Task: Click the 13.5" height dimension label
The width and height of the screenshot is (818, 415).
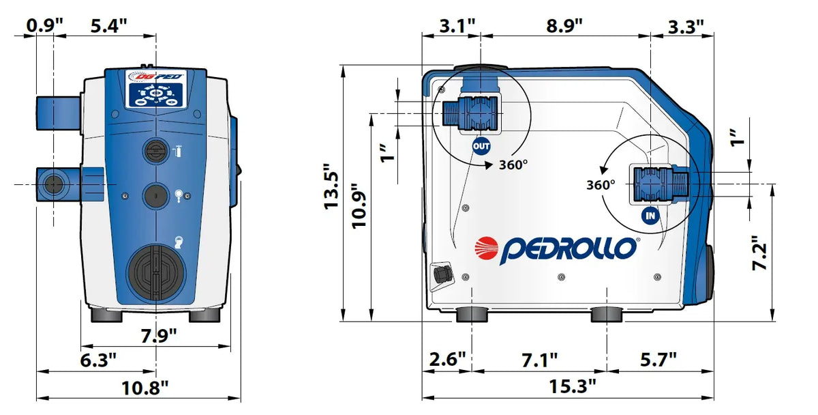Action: [331, 187]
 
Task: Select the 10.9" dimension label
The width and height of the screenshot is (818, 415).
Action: [359, 205]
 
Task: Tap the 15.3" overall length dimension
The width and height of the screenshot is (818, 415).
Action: [572, 386]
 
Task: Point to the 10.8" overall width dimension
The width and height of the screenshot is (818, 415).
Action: [145, 388]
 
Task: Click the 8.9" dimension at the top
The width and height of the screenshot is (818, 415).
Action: [564, 26]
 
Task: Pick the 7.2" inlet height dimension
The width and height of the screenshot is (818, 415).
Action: [759, 253]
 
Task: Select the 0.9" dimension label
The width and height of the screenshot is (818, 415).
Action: [44, 25]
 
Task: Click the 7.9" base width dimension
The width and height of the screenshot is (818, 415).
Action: [159, 335]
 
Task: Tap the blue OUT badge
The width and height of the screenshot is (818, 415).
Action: [481, 147]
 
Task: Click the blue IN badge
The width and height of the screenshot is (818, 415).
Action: [650, 216]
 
